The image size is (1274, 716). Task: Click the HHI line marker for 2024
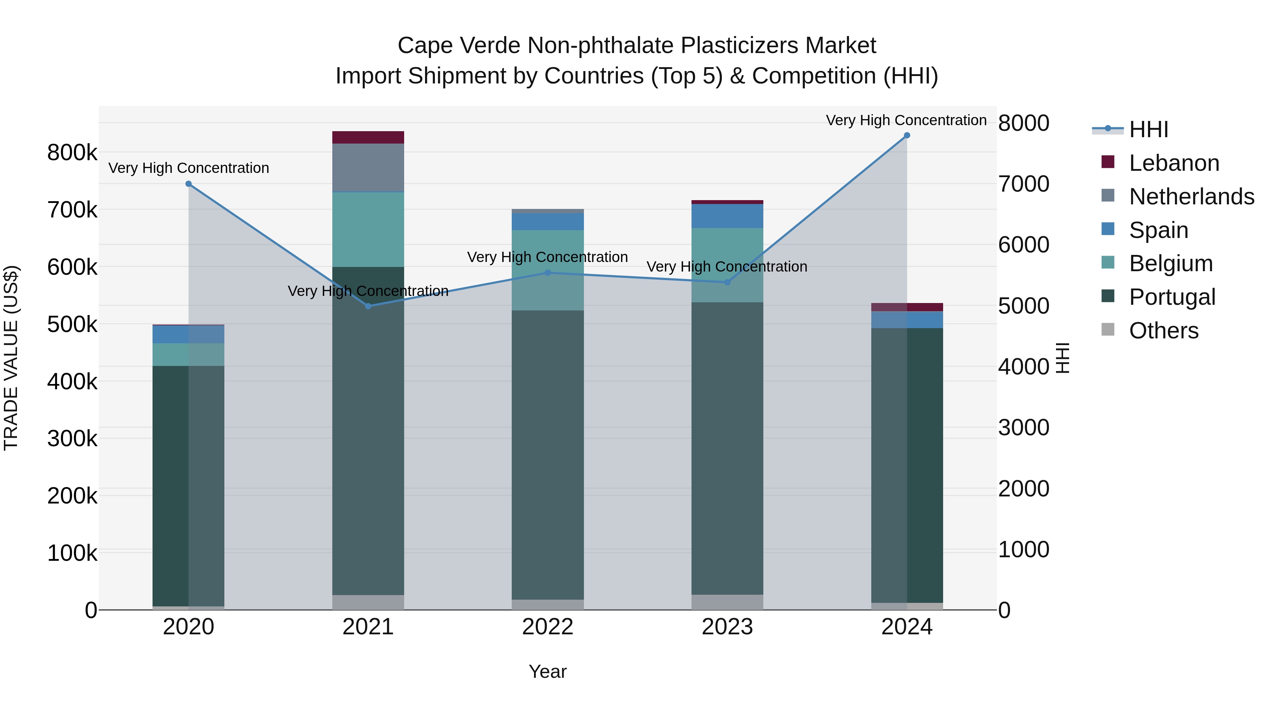[x=907, y=135]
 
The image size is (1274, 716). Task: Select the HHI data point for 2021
[x=368, y=306]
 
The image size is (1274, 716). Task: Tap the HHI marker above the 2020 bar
[x=188, y=184]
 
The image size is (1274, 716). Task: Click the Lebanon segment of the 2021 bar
[x=368, y=138]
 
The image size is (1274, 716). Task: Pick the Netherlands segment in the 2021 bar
[x=368, y=168]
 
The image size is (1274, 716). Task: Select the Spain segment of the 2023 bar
[x=727, y=216]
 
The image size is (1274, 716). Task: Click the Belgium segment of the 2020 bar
[x=188, y=354]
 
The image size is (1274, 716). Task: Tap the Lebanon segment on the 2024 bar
[x=907, y=307]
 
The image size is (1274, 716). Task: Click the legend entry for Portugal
[x=1172, y=297]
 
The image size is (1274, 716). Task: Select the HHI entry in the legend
[x=1148, y=129]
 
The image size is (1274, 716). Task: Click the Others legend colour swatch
[x=1108, y=330]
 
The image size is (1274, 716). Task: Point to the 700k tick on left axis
[x=72, y=210]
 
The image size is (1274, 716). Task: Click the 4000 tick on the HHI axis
[x=1023, y=367]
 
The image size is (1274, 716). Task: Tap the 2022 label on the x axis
[x=547, y=627]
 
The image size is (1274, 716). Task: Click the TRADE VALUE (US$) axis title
[x=11, y=358]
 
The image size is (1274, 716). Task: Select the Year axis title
[x=547, y=671]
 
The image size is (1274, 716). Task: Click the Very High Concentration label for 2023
[x=727, y=267]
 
